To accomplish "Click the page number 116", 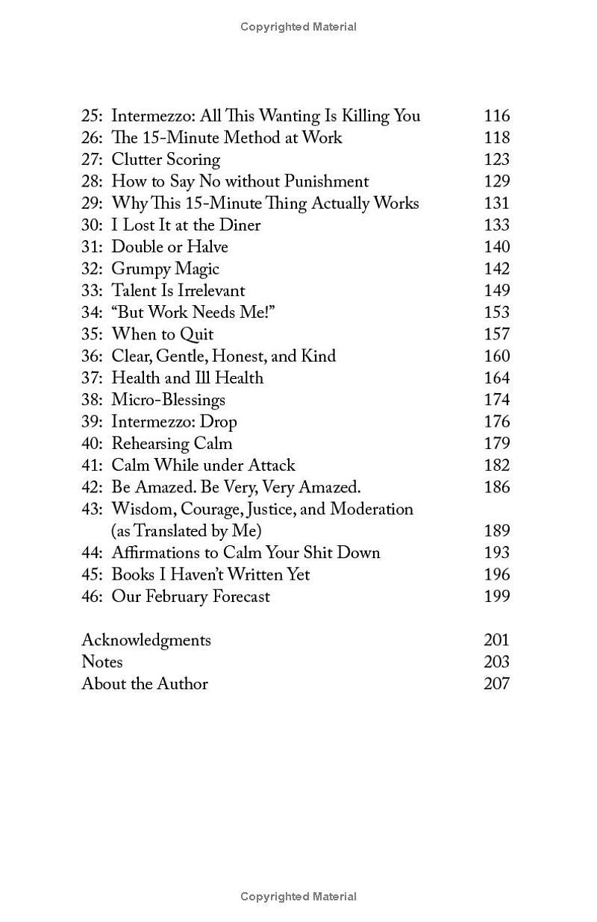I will coord(496,116).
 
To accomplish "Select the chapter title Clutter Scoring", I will coord(166,160).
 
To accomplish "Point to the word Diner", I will coord(240,225).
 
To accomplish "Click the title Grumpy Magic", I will coord(165,269).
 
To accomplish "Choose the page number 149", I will coord(496,291).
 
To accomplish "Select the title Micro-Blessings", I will coord(168,400).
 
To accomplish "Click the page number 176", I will coord(496,422).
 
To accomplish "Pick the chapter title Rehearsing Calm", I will coord(172,444).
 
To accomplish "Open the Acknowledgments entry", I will coord(146,641).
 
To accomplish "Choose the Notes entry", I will coord(102,662).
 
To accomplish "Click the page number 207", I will coord(496,684).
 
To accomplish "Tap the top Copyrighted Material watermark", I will coord(298,27).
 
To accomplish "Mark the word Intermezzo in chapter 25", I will coord(152,116).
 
